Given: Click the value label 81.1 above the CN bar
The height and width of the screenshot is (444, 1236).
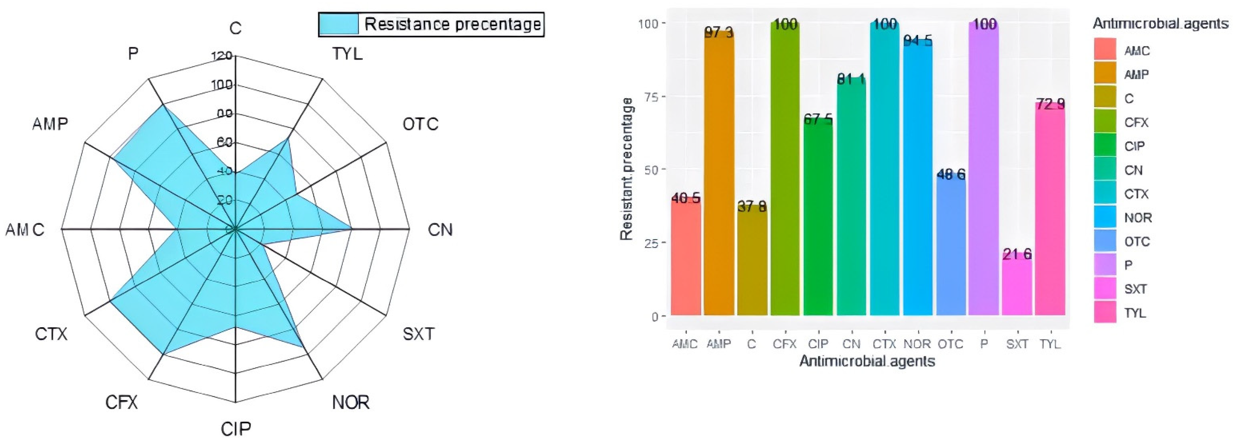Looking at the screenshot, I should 851,79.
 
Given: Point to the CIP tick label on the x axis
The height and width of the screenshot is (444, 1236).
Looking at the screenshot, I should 818,344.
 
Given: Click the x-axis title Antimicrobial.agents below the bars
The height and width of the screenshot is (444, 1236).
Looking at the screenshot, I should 867,361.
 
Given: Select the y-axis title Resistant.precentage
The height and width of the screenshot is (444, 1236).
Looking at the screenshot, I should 627,169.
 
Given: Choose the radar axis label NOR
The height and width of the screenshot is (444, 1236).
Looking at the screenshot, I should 351,402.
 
